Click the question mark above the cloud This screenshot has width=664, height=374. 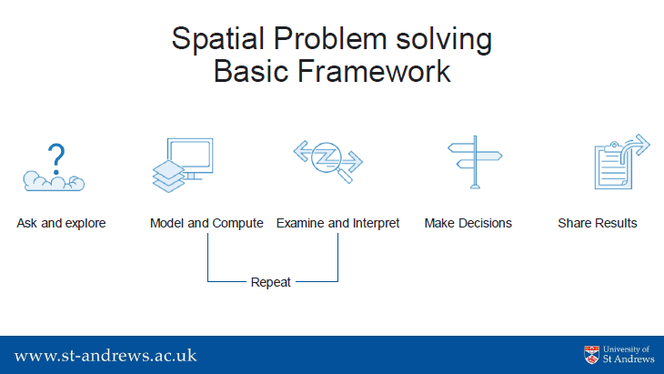tap(55, 159)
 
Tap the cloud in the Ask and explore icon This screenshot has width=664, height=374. tap(54, 181)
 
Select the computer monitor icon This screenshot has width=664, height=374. tap(191, 157)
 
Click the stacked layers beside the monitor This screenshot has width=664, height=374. tap(168, 177)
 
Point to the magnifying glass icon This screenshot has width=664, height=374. tap(330, 161)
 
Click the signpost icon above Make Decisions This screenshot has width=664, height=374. tap(475, 162)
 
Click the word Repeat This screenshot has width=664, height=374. tap(270, 282)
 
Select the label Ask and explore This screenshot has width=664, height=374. tap(62, 223)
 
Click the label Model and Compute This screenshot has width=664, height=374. tap(206, 223)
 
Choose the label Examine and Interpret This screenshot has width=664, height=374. tap(338, 223)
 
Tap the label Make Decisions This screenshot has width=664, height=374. tap(468, 223)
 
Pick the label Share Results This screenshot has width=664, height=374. tap(598, 223)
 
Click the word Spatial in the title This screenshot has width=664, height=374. tap(217, 39)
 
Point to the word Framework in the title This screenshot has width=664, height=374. tap(374, 71)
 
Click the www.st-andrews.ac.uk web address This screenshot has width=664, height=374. tap(106, 356)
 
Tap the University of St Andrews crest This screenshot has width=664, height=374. tap(591, 355)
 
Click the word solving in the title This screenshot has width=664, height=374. tap(444, 40)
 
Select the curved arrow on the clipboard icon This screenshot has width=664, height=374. tap(636, 147)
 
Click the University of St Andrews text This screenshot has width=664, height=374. tap(629, 355)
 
